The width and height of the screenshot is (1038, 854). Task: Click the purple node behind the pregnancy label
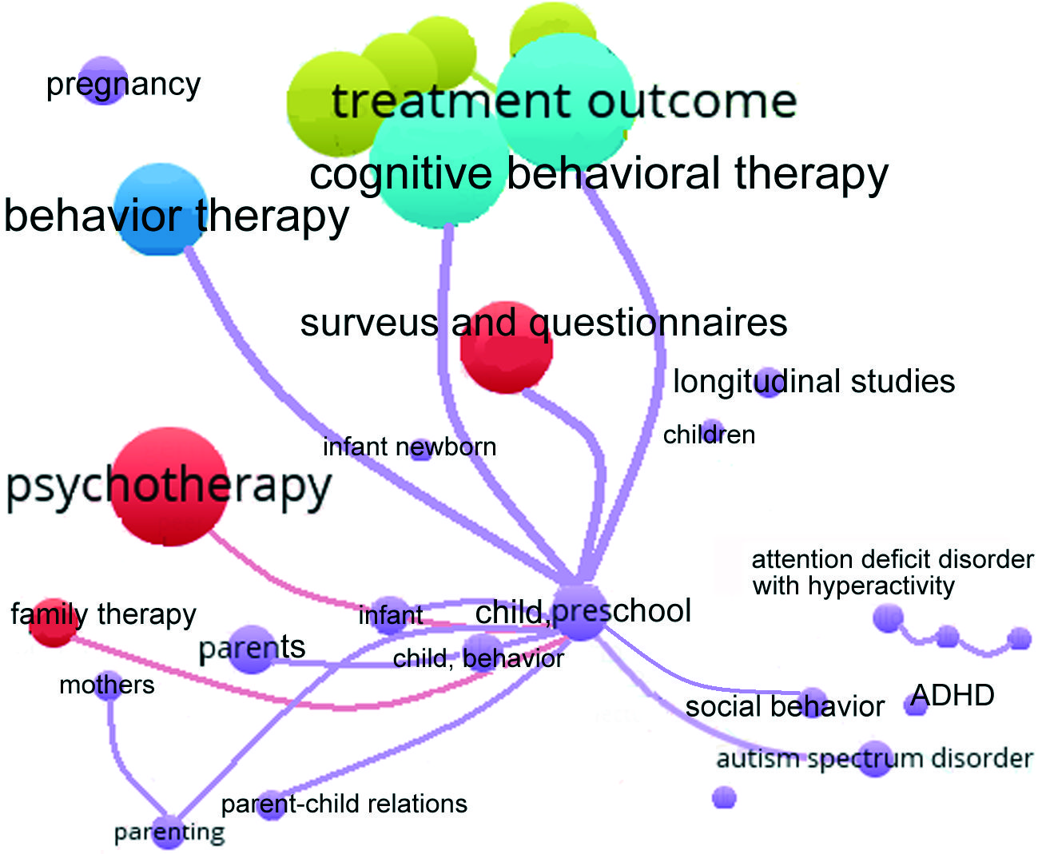click(103, 81)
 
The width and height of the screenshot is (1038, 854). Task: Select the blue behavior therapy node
click(161, 210)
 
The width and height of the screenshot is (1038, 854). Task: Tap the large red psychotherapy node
click(169, 486)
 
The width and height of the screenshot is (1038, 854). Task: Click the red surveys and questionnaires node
click(507, 348)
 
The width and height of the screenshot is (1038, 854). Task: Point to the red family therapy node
click(54, 622)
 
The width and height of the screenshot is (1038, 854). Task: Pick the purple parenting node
click(169, 832)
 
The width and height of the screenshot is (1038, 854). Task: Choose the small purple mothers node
click(109, 685)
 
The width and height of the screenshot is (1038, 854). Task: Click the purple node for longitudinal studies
click(768, 383)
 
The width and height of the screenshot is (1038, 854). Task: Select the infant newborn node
click(420, 448)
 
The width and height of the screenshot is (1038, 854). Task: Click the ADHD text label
click(952, 695)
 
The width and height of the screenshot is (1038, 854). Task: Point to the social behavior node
click(813, 702)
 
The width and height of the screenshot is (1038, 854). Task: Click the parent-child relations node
click(272, 804)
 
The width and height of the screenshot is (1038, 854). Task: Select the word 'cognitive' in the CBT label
click(400, 173)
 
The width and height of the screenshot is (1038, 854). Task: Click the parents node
click(252, 648)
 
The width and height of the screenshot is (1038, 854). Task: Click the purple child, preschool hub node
click(582, 613)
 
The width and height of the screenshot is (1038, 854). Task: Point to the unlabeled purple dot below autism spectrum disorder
click(724, 797)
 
